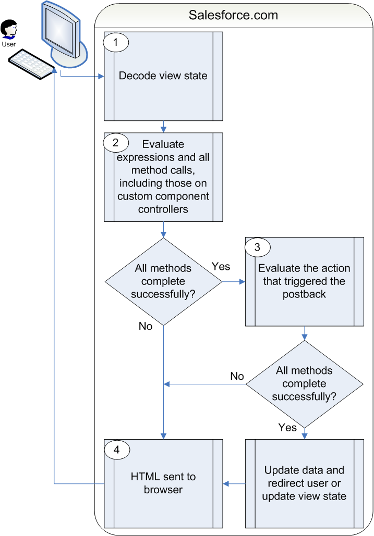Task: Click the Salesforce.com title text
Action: [233, 15]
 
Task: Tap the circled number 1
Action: [116, 42]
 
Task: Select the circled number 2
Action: [116, 143]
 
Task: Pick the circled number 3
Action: [257, 247]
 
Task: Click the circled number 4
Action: [117, 450]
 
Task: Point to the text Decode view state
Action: [163, 76]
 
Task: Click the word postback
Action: [304, 294]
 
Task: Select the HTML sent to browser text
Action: [163, 483]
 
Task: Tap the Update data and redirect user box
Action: [305, 483]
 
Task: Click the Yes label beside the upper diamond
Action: [221, 266]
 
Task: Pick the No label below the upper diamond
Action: [146, 326]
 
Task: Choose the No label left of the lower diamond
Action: [237, 376]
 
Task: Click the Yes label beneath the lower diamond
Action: [287, 427]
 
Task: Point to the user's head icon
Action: [8, 29]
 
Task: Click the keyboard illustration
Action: [32, 64]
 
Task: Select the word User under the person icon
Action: [8, 44]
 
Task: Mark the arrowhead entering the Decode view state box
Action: [101, 77]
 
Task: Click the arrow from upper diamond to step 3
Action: [234, 282]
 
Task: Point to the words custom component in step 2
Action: [163, 196]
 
